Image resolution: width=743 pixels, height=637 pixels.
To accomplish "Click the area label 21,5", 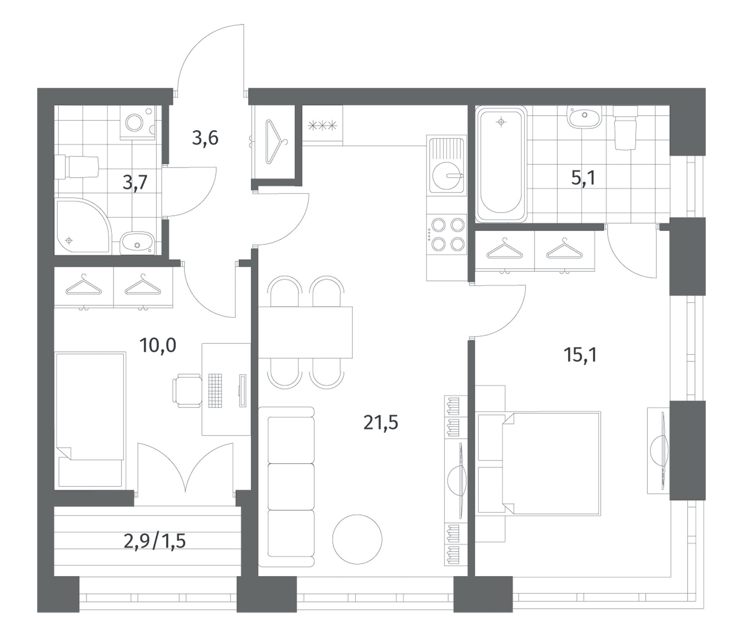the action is pos(381,423).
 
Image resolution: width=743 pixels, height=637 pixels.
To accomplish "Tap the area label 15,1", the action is pos(580,355).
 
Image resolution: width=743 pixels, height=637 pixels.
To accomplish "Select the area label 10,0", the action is pos(158,345).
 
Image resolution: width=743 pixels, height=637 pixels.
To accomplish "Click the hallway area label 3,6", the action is pos(205,138).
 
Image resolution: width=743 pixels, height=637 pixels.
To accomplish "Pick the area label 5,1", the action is pos(583,178).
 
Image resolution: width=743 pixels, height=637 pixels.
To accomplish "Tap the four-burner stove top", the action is pos(447,234).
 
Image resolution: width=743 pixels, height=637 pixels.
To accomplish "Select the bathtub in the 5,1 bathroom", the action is pos(501,164).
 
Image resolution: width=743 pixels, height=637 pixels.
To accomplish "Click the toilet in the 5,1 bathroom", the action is pos(625,128).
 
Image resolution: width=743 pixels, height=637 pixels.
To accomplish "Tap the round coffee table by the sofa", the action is pos(357,539).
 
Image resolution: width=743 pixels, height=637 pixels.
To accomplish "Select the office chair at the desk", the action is pos(187,390).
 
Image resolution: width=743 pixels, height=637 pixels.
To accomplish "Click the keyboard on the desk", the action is pos(215,390).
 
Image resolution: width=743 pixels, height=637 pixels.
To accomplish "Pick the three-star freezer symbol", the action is pos(323,125).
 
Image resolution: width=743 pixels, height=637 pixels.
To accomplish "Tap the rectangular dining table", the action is pos(305,332).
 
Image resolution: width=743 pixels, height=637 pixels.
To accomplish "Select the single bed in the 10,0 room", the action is pos(90,420).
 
